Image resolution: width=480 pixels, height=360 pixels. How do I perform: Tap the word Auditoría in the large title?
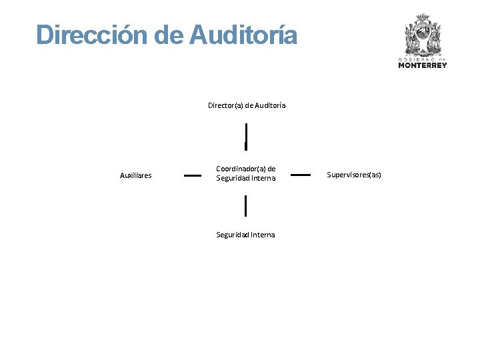coord(243,35)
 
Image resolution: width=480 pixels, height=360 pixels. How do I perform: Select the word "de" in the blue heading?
coord(169,35)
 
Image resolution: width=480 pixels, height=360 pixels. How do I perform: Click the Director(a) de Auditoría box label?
coord(247,105)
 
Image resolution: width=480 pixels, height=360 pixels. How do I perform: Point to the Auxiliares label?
coord(135,176)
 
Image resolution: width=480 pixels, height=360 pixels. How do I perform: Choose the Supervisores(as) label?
coord(354,175)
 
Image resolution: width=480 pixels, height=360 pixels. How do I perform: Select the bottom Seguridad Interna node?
coord(245,235)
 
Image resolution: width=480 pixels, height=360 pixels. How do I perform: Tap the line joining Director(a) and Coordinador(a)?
coord(246,136)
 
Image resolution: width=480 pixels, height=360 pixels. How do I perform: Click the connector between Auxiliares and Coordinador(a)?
coord(193,175)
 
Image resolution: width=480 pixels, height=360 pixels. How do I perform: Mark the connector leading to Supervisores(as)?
coord(301,175)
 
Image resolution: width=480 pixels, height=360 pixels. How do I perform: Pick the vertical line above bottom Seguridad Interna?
coord(245,206)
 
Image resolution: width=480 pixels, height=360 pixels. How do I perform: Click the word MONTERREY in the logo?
coord(422,65)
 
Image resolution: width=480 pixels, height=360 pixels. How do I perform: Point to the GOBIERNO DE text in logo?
coord(422,59)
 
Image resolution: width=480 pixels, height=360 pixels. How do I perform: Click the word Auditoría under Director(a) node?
coord(270,105)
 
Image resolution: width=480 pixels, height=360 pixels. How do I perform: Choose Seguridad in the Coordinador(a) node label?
coord(231,178)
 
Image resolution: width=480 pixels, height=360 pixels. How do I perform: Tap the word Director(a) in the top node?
coord(225,105)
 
